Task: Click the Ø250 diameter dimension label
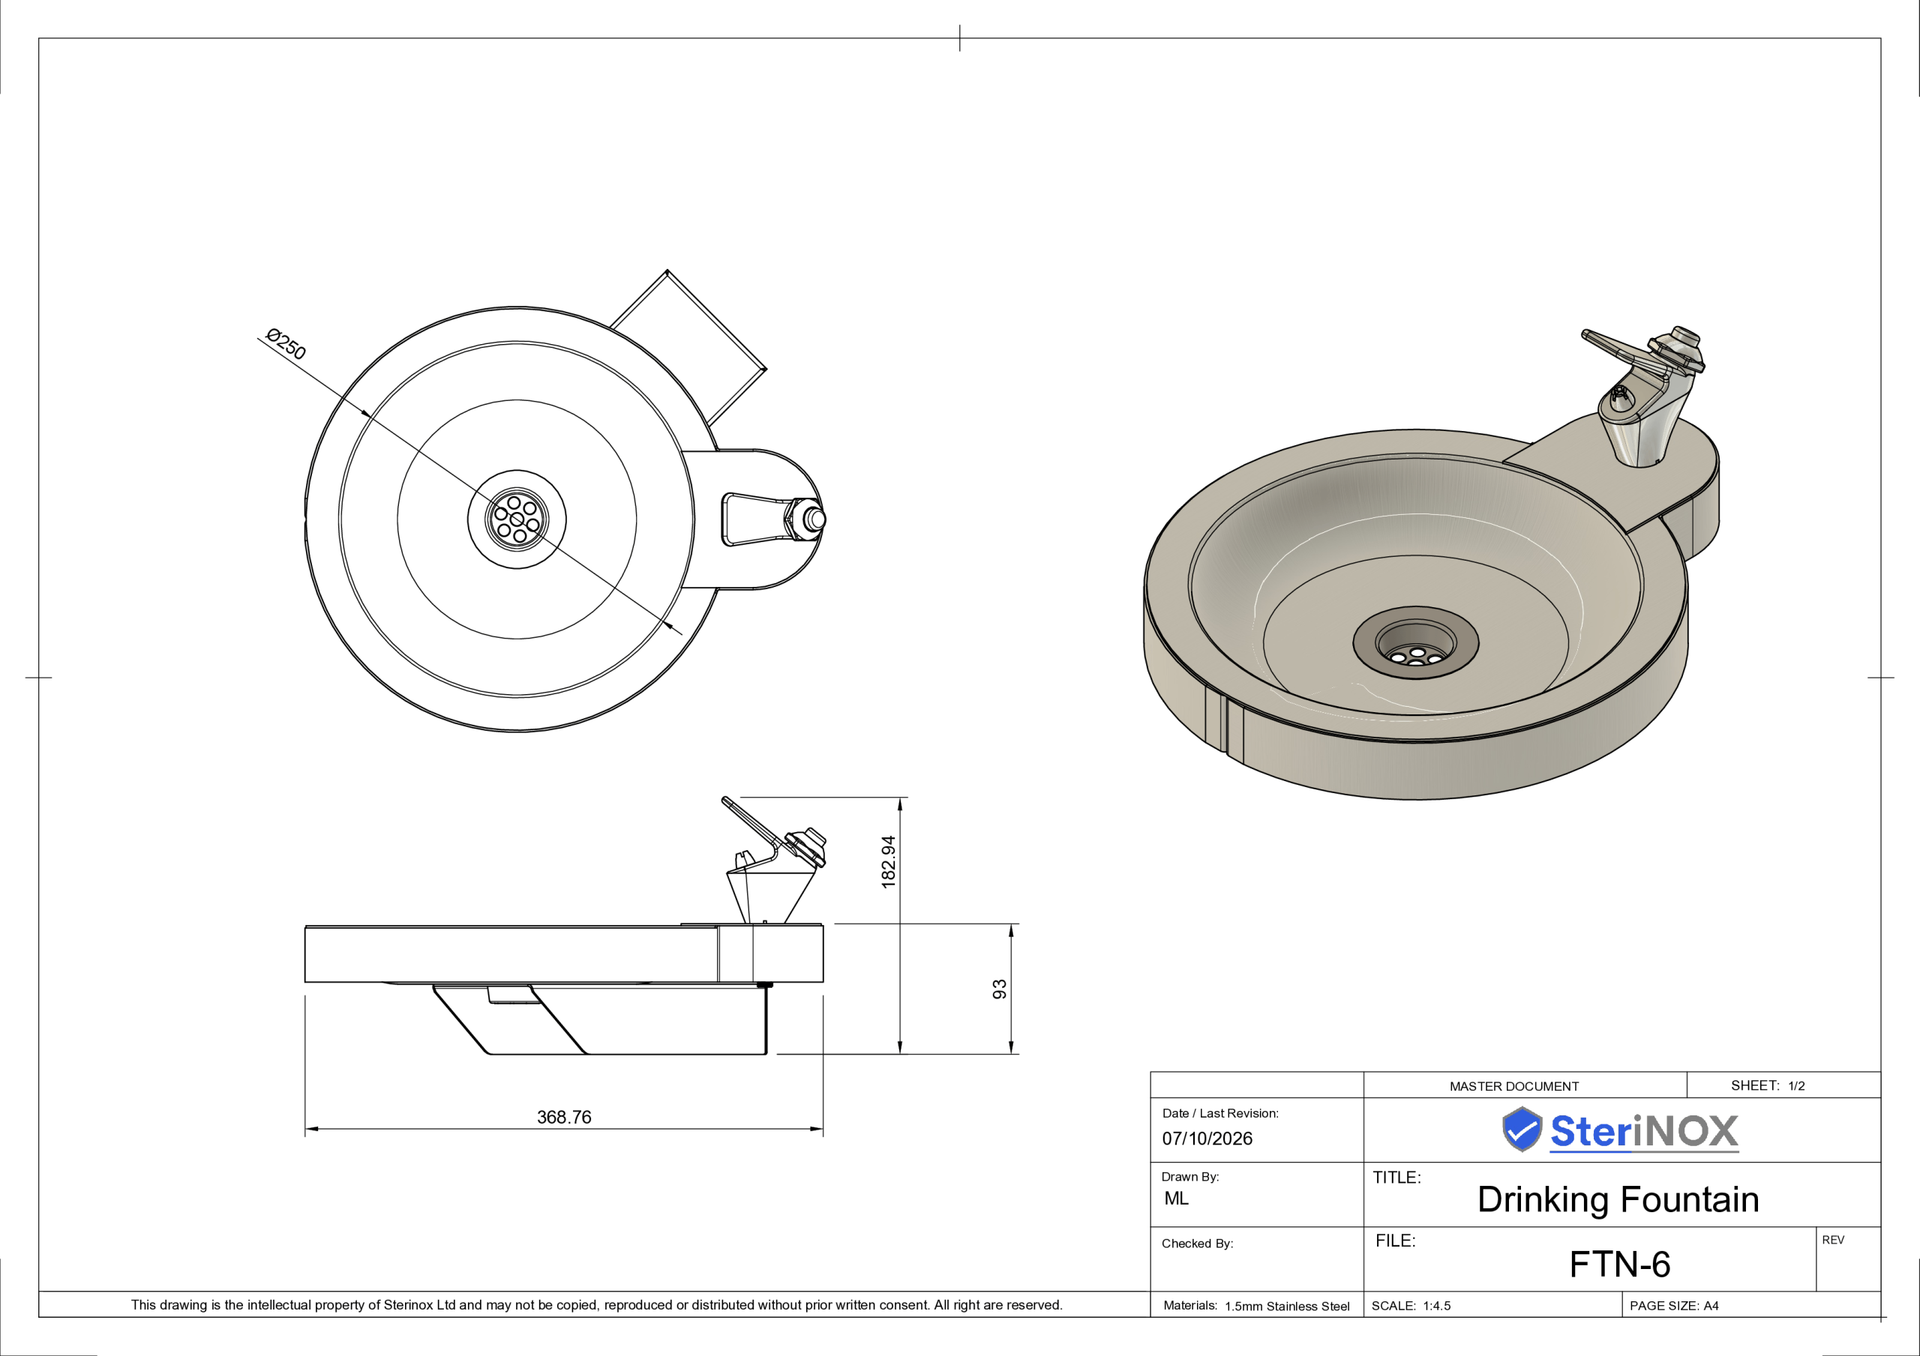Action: (x=286, y=343)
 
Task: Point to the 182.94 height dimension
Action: (x=888, y=862)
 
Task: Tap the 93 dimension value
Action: (x=999, y=989)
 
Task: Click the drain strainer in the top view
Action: (x=517, y=519)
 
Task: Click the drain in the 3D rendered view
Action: (x=1416, y=642)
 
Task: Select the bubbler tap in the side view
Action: (x=774, y=861)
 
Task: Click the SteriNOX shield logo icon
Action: (x=1521, y=1130)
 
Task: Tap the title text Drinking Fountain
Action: (x=1618, y=1199)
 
